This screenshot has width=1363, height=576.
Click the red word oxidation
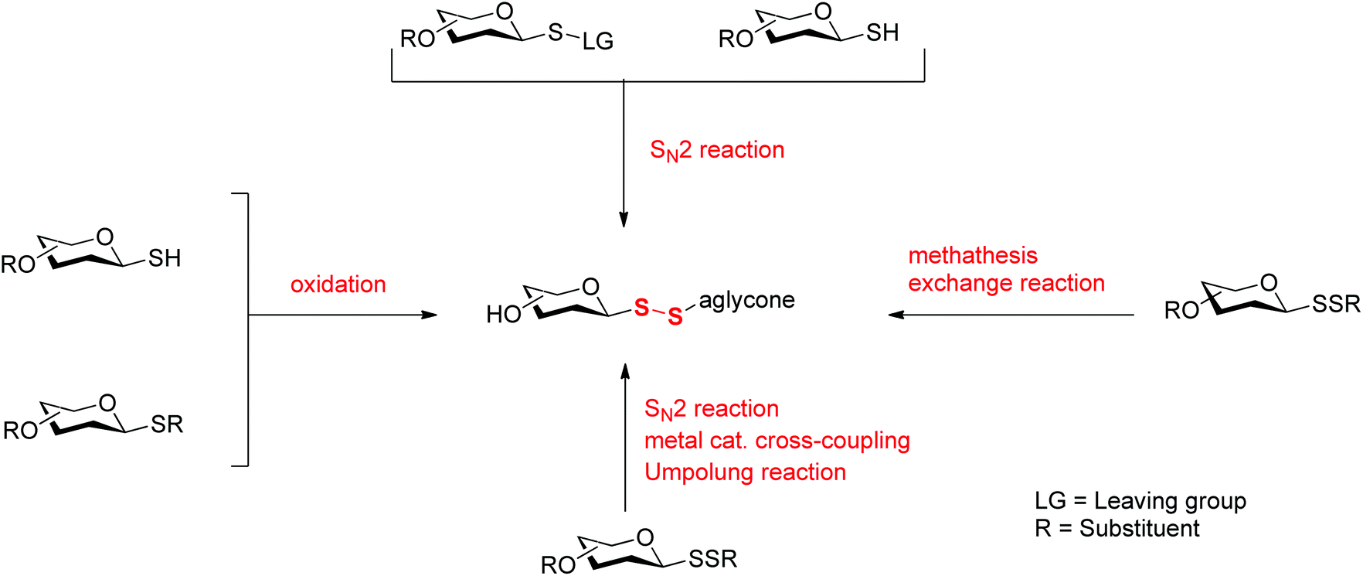coord(338,285)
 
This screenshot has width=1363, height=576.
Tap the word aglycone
coord(746,300)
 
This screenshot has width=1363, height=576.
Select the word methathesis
coord(972,255)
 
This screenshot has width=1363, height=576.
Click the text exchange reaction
coord(1006,283)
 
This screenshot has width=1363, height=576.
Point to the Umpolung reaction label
coord(745,472)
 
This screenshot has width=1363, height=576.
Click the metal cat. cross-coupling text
coord(777,441)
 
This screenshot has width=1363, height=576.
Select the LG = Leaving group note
coord(1140,501)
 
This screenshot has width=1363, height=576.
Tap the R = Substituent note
coord(1117,529)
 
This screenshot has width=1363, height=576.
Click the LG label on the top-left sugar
coord(597,41)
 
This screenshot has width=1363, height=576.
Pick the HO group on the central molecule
coord(503,314)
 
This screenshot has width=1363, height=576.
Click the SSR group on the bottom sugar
coord(712,559)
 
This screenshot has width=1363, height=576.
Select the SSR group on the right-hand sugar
coord(1335,304)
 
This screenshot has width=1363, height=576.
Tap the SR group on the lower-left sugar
coord(167,424)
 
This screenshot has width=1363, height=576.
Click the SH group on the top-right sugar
coord(882,32)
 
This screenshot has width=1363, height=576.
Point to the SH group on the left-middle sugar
coord(165,258)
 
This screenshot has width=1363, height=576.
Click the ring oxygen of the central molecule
coord(590,287)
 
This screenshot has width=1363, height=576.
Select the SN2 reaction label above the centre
coord(716,150)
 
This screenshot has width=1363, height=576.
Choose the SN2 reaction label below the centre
coord(711,409)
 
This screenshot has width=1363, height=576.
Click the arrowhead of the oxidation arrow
coord(430,315)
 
